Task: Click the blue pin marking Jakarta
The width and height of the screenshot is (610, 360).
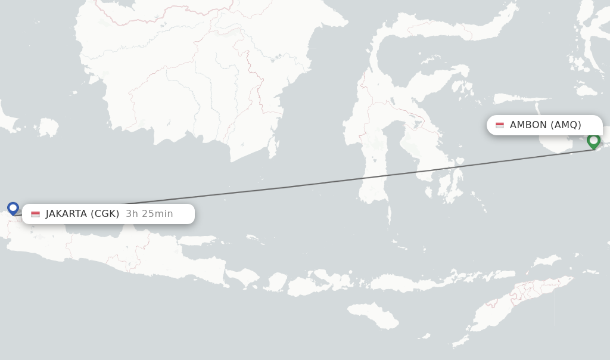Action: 13,208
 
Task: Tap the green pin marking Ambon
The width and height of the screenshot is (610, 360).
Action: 593,141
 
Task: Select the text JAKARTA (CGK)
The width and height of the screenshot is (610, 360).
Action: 82,214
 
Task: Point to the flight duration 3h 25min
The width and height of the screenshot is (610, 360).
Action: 150,214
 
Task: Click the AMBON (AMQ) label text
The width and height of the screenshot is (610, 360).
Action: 545,125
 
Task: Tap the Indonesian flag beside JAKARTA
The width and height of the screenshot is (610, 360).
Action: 36,214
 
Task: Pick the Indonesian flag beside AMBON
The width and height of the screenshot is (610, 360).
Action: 500,125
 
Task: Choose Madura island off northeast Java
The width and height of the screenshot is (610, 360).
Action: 200,240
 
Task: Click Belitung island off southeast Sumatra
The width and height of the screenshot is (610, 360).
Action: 49,127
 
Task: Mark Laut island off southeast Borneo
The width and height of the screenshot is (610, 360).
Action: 273,145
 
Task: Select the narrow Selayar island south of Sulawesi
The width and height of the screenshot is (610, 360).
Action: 389,215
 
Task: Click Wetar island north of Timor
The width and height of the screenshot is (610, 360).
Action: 546,262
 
